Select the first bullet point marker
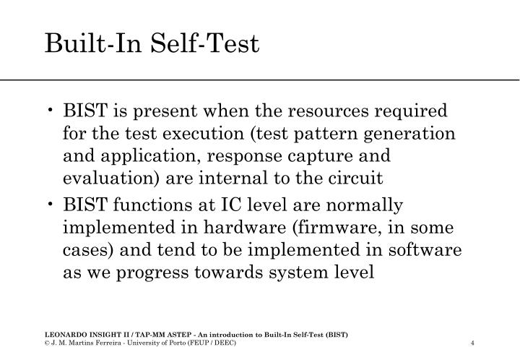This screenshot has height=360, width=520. [x=54, y=111]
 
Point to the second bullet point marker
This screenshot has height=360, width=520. [x=54, y=206]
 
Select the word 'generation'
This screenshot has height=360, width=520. [x=415, y=134]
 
